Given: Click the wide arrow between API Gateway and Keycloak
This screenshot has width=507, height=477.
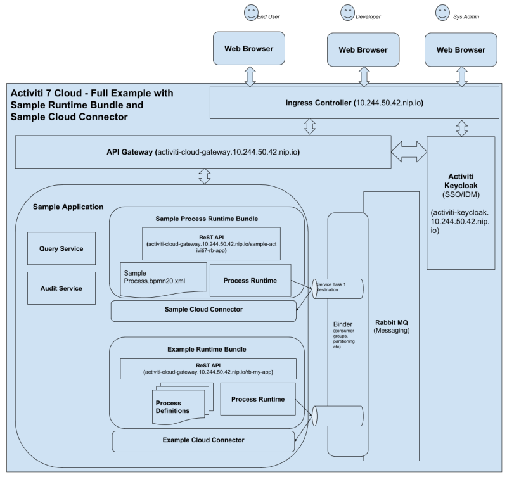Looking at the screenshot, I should pyautogui.click(x=408, y=153).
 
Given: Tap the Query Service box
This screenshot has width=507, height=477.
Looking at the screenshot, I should pyautogui.click(x=61, y=250).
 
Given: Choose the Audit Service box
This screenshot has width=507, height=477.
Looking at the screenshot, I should pyautogui.click(x=61, y=288).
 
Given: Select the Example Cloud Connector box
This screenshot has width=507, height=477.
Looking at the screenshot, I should pyautogui.click(x=203, y=439).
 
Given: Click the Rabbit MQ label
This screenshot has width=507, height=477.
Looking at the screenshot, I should pyautogui.click(x=392, y=322).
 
